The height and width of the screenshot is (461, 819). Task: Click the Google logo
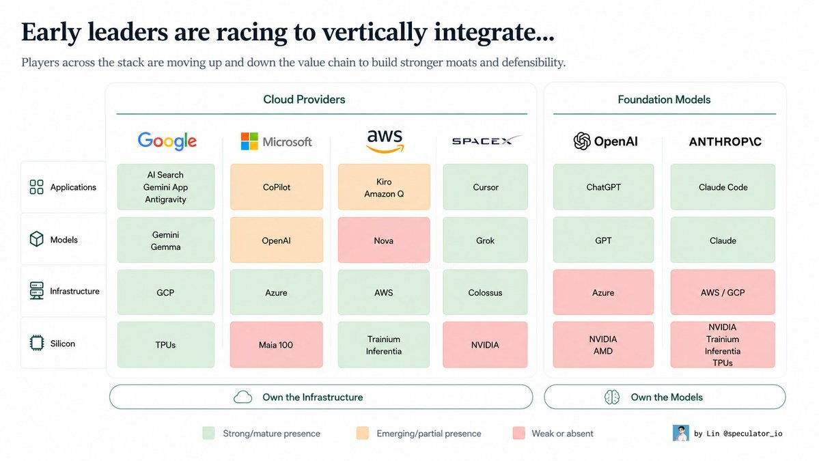(167, 141)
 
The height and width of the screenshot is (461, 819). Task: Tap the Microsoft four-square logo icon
(249, 141)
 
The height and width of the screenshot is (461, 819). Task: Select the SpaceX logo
(486, 141)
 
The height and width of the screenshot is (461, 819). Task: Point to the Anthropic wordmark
(725, 141)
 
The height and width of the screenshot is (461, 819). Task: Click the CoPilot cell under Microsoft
(277, 187)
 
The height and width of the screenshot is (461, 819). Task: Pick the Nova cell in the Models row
(384, 240)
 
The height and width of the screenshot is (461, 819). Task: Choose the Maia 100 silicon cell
(277, 345)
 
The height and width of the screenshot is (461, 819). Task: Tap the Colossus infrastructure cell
(485, 292)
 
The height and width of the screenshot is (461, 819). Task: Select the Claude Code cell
(723, 187)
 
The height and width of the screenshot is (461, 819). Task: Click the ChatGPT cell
(603, 187)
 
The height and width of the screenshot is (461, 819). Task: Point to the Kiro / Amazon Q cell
(384, 187)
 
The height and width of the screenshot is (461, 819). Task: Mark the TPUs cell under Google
(165, 345)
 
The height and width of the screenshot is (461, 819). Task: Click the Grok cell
(485, 240)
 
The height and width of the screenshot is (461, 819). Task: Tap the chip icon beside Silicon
(37, 343)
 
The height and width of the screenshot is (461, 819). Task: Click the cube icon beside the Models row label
(37, 239)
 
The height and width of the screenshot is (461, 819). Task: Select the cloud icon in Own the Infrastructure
(243, 397)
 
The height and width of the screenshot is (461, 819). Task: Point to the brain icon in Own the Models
(612, 397)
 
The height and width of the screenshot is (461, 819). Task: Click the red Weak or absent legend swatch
(518, 433)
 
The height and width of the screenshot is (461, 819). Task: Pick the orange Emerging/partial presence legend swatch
(363, 433)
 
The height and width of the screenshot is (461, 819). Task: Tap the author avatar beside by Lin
(680, 433)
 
